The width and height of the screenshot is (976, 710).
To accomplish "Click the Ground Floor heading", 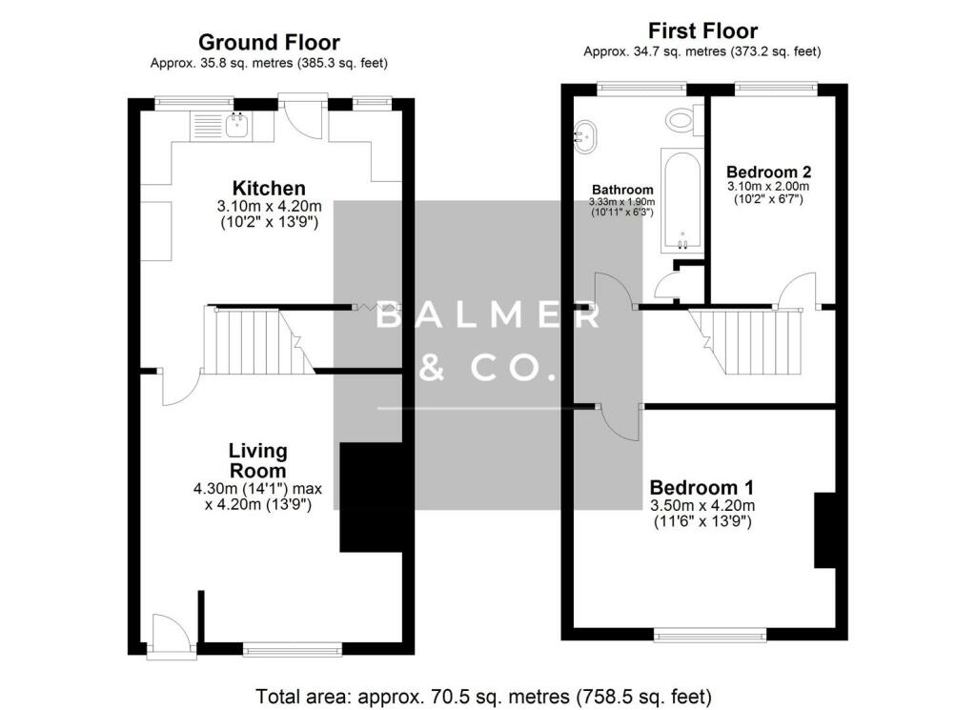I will coord(269,42).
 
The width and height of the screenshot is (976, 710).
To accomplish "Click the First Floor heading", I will coord(702,30).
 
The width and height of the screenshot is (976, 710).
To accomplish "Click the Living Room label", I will coord(257,460).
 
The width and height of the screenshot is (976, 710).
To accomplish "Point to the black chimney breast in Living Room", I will coord(371,497).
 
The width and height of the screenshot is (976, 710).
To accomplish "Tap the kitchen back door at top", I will coord(302,117).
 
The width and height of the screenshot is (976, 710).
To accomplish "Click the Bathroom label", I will coord(622,189).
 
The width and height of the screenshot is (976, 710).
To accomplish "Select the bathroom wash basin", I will coord(585,136).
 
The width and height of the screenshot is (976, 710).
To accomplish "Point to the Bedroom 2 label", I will coord(768,172).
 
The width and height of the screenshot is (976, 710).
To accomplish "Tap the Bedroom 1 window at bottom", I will coord(709,634).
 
